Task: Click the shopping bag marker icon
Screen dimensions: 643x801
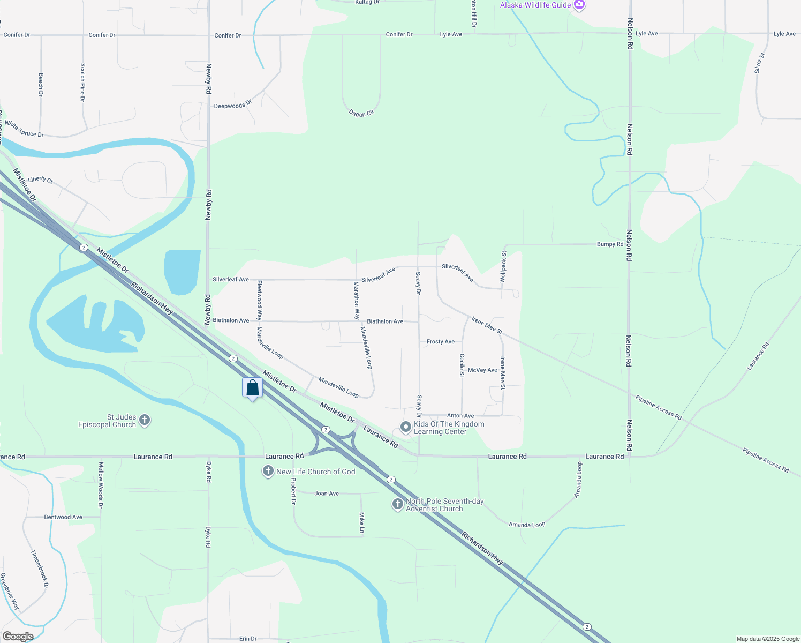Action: click(x=253, y=387)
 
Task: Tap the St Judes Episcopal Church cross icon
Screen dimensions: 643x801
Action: click(x=145, y=421)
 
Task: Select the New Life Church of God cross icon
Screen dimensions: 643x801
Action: click(x=268, y=472)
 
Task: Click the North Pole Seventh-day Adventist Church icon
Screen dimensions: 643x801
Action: click(x=397, y=504)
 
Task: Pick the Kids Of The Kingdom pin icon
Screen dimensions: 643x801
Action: click(x=406, y=427)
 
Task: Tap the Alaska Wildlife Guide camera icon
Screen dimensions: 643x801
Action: click(x=579, y=5)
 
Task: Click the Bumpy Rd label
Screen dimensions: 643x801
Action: click(x=610, y=244)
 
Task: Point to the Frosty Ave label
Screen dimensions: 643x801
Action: click(x=441, y=342)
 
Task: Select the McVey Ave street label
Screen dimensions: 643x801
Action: click(x=482, y=370)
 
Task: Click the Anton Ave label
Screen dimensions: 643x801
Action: click(x=460, y=416)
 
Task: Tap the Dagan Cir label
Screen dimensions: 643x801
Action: click(x=361, y=113)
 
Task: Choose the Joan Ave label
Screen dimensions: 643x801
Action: click(x=327, y=494)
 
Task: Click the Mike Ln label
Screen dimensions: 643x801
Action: click(x=362, y=522)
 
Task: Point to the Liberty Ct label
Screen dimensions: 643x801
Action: click(x=41, y=180)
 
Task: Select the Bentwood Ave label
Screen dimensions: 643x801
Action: click(x=63, y=517)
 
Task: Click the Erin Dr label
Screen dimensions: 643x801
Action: click(x=248, y=639)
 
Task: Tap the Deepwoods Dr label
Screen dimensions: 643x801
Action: click(x=233, y=105)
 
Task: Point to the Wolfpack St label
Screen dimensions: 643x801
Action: click(x=503, y=266)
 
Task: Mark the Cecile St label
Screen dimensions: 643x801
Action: click(x=462, y=365)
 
